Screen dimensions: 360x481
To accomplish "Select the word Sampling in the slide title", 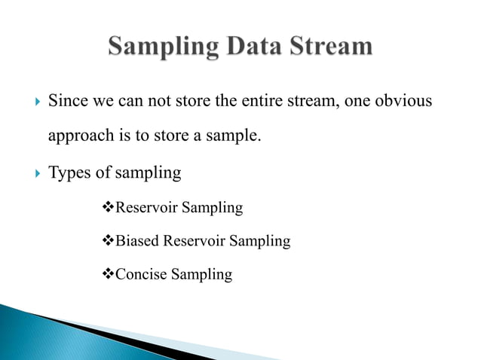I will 158,47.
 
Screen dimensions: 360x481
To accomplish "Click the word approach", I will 78,136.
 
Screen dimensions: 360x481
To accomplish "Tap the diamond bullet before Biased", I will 106,241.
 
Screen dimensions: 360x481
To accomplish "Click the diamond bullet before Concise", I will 106,275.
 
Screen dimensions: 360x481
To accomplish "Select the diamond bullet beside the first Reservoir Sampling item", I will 106,207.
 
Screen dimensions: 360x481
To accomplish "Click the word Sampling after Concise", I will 202,275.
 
